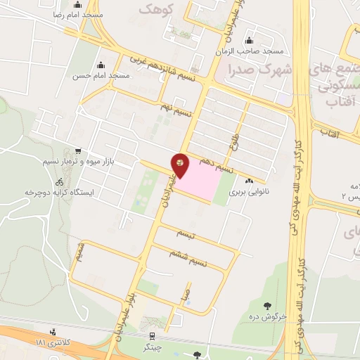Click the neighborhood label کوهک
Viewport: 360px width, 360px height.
(x=154, y=9)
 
